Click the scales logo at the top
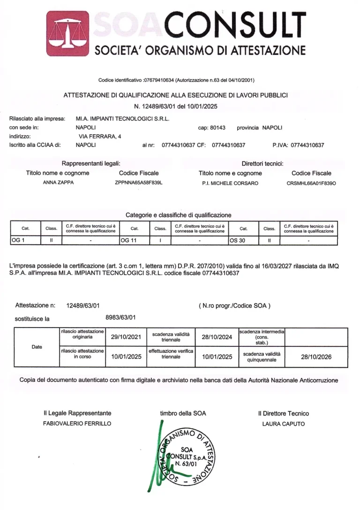coord(67,33)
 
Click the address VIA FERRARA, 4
coord(100,136)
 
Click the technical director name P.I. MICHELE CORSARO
coord(230,183)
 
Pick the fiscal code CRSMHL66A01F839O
coord(311,183)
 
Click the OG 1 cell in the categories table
coord(25,241)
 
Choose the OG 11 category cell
coord(134,241)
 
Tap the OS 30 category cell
coord(243,241)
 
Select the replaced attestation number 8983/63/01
coord(120,317)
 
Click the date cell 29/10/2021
coord(126,336)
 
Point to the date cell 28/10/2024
coord(217,336)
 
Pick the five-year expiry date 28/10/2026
coord(316,357)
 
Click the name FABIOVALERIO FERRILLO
coord(77,424)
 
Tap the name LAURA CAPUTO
coord(283,424)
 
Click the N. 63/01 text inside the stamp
coord(187,463)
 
